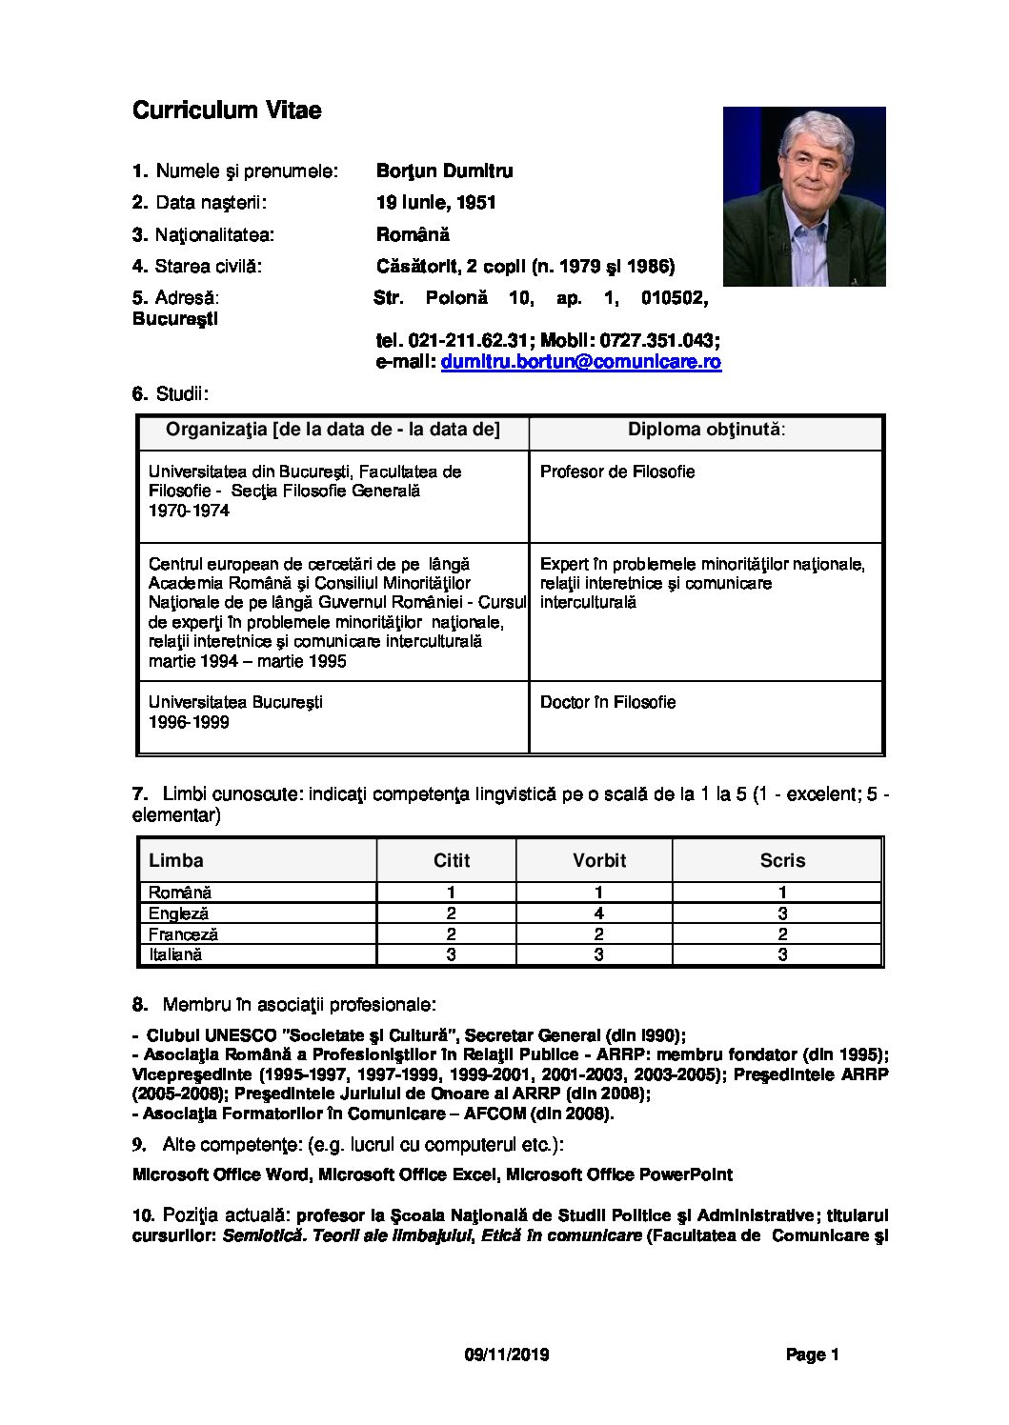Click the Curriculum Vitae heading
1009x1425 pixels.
point(227,110)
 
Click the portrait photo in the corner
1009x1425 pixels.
point(804,196)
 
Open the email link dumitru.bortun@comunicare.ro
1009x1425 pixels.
point(580,362)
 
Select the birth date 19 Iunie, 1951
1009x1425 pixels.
point(435,203)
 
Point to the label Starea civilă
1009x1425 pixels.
point(208,267)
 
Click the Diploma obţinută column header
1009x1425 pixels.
point(706,430)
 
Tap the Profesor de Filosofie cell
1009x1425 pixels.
point(617,472)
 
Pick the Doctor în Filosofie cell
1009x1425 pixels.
point(608,702)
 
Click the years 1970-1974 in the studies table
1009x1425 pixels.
point(189,511)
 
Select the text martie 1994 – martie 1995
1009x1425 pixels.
point(248,661)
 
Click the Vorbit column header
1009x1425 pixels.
point(598,860)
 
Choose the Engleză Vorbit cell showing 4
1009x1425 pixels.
point(598,913)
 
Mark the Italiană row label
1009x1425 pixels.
point(175,954)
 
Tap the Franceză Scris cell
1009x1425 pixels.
point(782,934)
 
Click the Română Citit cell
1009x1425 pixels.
point(451,893)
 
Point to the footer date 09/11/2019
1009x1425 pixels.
point(507,1355)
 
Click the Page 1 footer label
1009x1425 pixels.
point(812,1355)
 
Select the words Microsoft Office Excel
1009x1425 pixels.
point(408,1174)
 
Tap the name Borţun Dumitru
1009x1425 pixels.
point(444,171)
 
